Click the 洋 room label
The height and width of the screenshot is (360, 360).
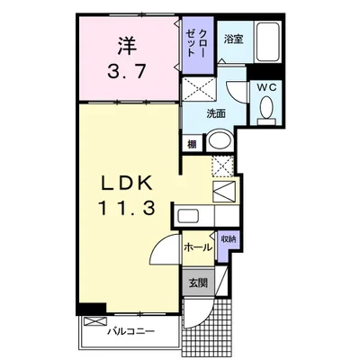click(127, 46)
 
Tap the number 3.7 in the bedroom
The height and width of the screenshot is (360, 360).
click(127, 71)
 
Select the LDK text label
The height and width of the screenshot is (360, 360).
click(126, 183)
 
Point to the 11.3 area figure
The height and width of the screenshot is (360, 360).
click(126, 208)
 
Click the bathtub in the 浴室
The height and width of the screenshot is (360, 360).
click(267, 41)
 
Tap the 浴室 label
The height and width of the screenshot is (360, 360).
click(233, 40)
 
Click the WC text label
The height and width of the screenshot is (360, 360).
click(266, 87)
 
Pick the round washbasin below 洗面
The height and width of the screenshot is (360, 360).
click(220, 140)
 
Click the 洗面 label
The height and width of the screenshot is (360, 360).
click(216, 113)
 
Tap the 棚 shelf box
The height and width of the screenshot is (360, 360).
click(192, 144)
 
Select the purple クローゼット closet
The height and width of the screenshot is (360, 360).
click(198, 45)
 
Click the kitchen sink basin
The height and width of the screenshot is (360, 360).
click(188, 216)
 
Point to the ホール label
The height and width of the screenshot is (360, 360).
click(198, 247)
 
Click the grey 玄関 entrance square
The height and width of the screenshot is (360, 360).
click(198, 283)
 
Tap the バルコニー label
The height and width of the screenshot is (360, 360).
click(131, 331)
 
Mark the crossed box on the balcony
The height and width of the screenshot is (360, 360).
click(95, 322)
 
